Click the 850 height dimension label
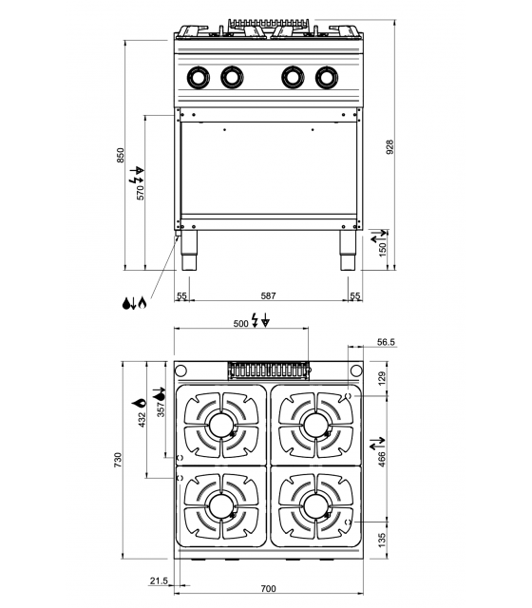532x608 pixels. (121, 155)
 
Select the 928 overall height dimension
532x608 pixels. (389, 147)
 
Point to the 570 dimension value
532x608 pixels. (141, 192)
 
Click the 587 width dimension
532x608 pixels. (268, 296)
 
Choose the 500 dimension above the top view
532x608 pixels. (241, 324)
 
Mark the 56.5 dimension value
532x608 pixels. (385, 342)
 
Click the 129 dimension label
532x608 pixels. (383, 379)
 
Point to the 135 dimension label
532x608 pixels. (383, 541)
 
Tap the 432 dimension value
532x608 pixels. (142, 418)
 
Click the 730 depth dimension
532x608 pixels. (120, 461)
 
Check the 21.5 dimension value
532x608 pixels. (159, 580)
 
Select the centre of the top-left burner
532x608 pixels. (220, 423)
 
